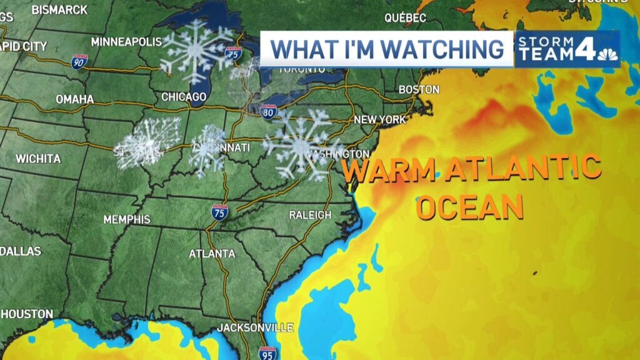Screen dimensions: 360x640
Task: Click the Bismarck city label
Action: point(59,9)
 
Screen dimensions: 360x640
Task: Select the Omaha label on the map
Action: point(75,99)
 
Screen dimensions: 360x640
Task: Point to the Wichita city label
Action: point(38,159)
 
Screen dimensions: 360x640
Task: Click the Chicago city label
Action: point(184,97)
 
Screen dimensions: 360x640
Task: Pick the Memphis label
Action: point(127,219)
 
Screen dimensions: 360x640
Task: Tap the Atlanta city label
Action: point(212,254)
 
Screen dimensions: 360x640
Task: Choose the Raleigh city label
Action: point(310,215)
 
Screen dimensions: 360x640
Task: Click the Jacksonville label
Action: point(255,327)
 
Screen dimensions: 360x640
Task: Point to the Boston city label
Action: point(419,89)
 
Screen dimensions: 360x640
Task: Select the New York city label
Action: point(380,119)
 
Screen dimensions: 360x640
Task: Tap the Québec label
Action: point(405,18)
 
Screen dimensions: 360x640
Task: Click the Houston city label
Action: point(27,314)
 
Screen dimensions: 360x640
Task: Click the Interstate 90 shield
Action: point(79,61)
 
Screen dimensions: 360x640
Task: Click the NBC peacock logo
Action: point(607,55)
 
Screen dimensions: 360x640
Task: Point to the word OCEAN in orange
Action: point(469,206)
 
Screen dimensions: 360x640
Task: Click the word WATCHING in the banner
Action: point(439,49)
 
